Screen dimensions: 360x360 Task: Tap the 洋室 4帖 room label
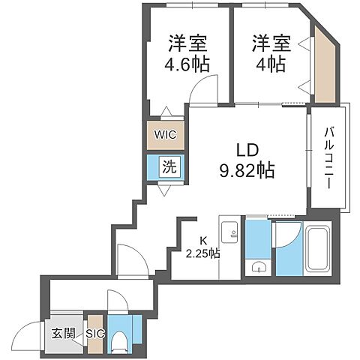click(x=268, y=52)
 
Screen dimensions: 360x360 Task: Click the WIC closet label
click(x=165, y=136)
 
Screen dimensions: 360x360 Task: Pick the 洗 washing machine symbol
click(x=169, y=167)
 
